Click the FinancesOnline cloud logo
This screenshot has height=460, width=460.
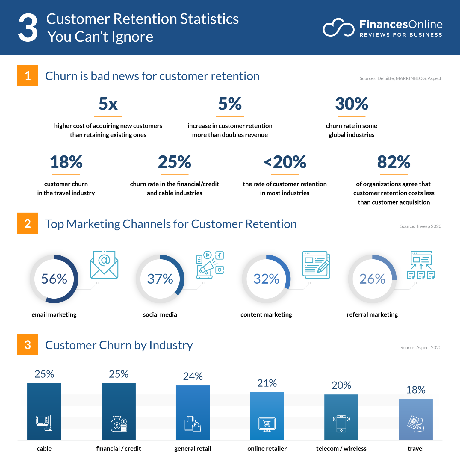[x=338, y=28]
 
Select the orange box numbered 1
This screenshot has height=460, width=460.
[x=28, y=75]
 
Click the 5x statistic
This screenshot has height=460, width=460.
[x=108, y=104]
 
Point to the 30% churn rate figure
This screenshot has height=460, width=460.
[x=351, y=104]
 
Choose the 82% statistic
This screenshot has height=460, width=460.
[x=394, y=162]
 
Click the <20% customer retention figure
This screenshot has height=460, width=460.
[x=285, y=162]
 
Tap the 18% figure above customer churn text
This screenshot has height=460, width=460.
[x=66, y=162]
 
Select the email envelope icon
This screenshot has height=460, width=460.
[x=104, y=265]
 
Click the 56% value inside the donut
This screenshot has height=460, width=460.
[x=54, y=279]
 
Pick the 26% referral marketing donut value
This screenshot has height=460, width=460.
[x=372, y=279]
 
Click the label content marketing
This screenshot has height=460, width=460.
[x=266, y=314]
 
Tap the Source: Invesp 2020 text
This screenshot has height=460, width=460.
[x=420, y=226]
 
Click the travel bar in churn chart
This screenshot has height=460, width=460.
[x=415, y=419]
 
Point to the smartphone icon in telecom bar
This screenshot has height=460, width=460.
[x=341, y=423]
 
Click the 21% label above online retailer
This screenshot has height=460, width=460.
[x=267, y=383]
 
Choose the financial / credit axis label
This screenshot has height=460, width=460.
[x=118, y=449]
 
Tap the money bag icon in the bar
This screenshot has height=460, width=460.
[x=119, y=424]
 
